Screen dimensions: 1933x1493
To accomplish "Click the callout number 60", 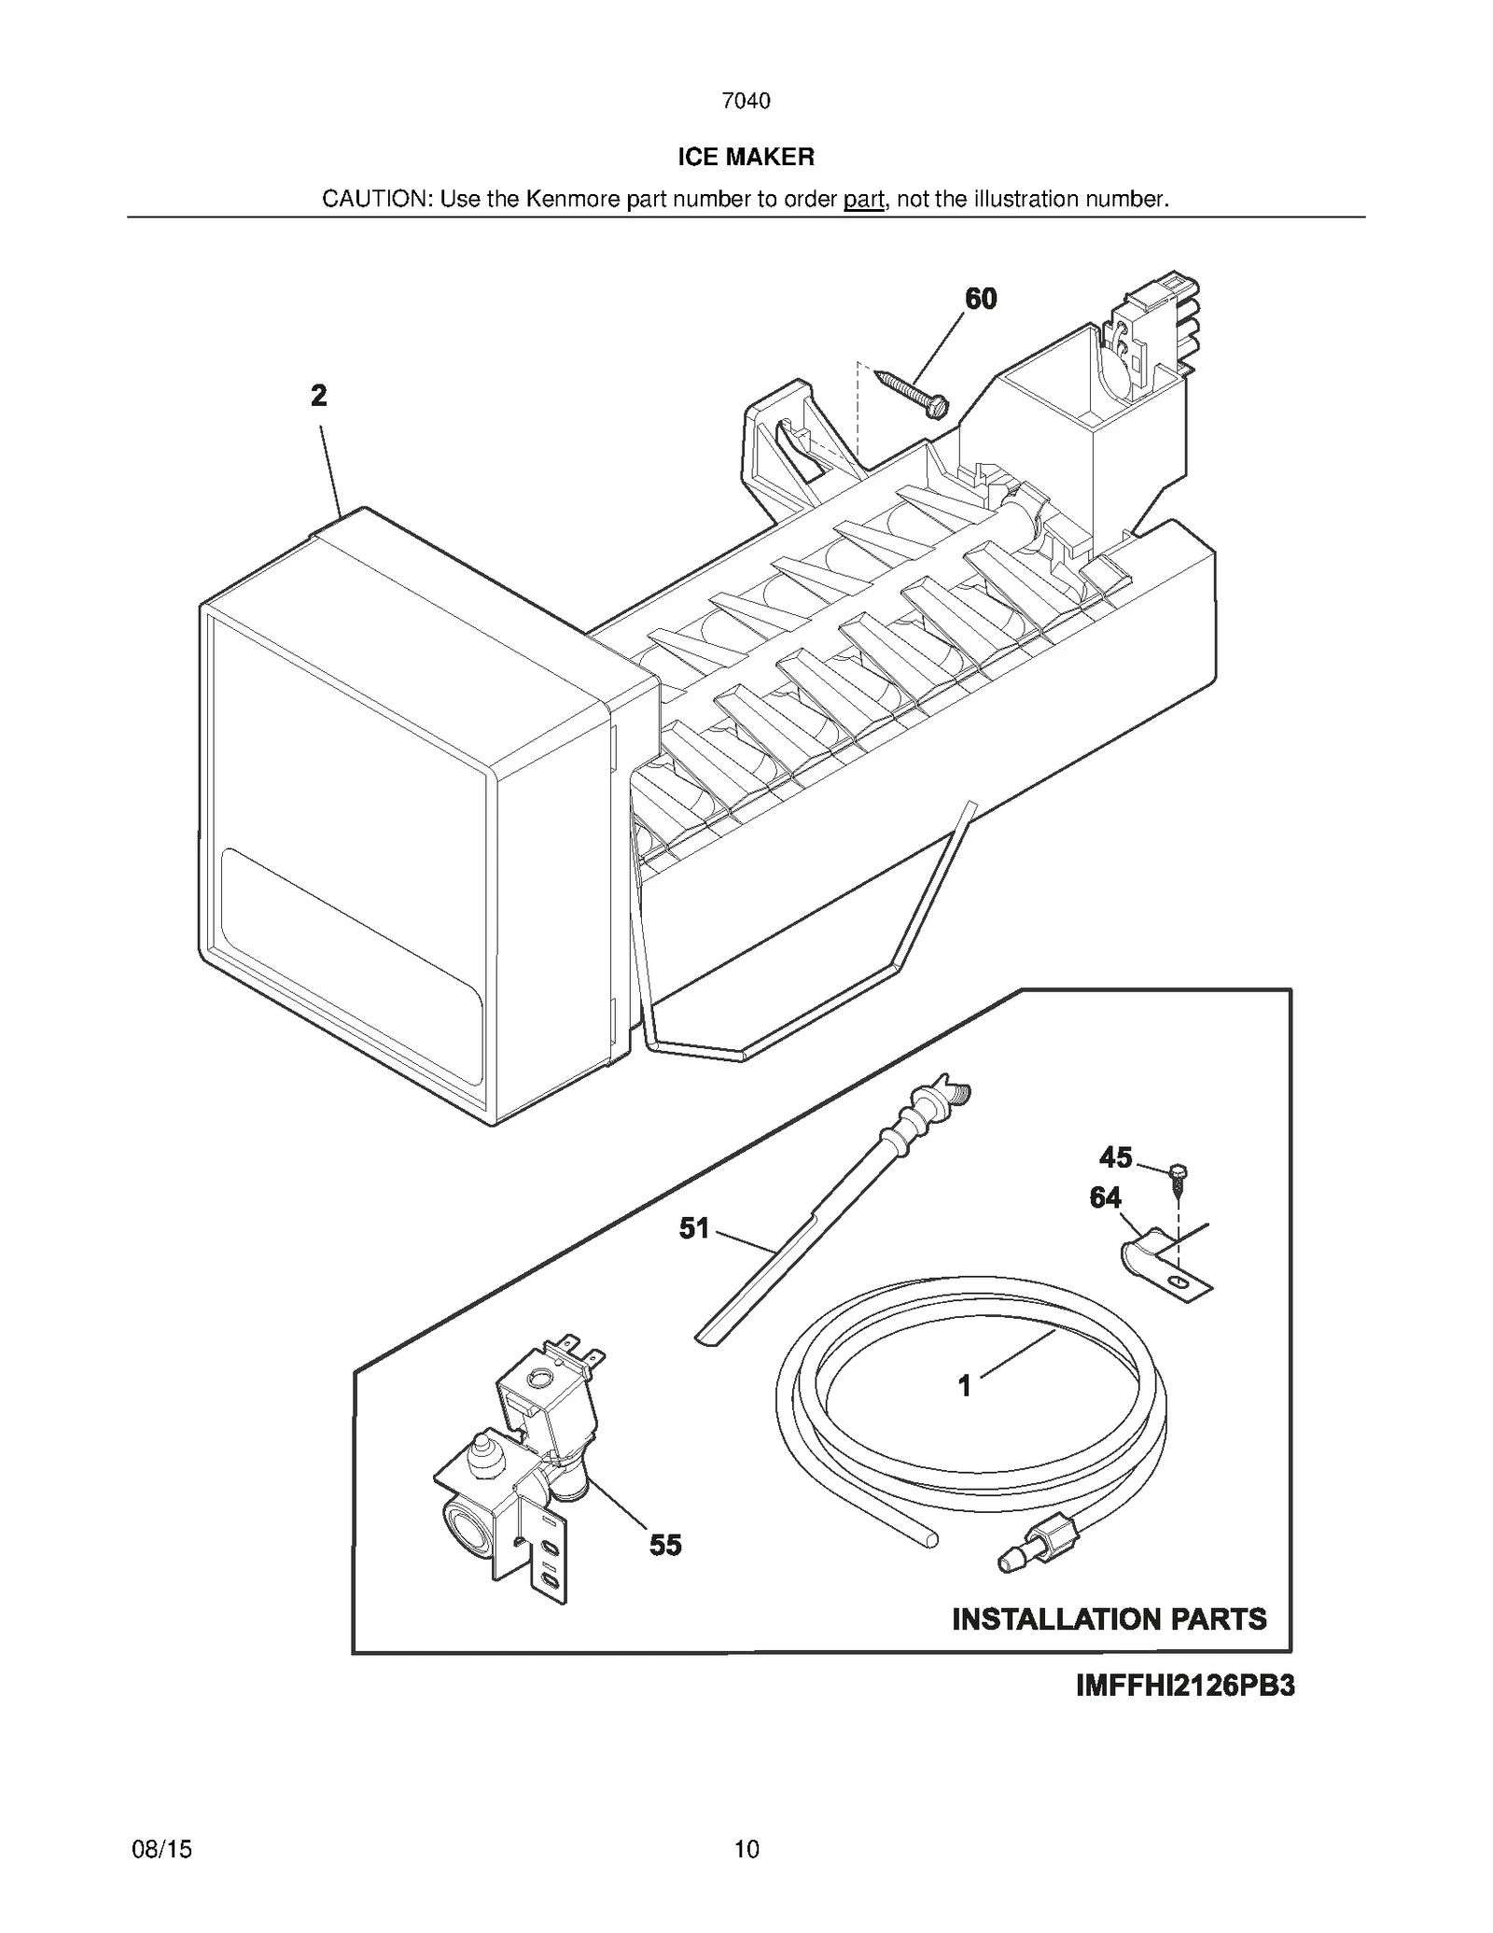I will [980, 299].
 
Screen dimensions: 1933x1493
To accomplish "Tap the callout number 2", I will [319, 397].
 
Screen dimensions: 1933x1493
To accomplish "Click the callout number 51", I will [694, 1228].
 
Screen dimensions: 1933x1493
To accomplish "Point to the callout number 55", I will [665, 1545].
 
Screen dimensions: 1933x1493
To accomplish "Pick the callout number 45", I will [1115, 1158].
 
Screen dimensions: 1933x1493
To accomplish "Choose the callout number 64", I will [1106, 1198].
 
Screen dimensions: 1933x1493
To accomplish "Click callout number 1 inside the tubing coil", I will [965, 1386].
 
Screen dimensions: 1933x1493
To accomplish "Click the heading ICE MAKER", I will [746, 157].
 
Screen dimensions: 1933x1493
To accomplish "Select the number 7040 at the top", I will [746, 101].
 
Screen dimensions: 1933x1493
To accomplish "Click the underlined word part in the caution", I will [863, 199].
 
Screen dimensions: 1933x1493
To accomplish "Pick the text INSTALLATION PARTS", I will [1109, 1618].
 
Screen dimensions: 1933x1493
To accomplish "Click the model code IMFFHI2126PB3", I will [1184, 1687].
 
